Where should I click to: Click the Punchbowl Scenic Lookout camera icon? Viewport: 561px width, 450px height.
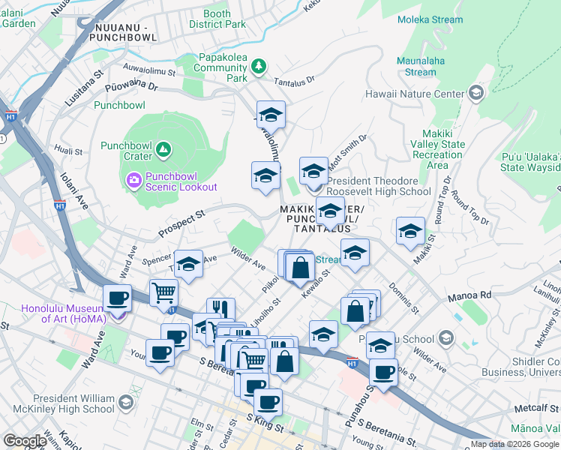click(x=133, y=179)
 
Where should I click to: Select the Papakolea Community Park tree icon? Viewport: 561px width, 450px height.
click(x=259, y=67)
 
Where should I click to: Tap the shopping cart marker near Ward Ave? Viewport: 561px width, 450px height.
click(x=163, y=292)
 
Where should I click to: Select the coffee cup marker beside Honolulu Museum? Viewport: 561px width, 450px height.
click(x=117, y=298)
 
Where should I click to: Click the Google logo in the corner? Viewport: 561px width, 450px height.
click(x=25, y=441)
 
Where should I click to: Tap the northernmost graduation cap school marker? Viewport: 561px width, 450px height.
click(x=271, y=114)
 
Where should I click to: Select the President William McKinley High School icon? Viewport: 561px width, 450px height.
click(x=125, y=403)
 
